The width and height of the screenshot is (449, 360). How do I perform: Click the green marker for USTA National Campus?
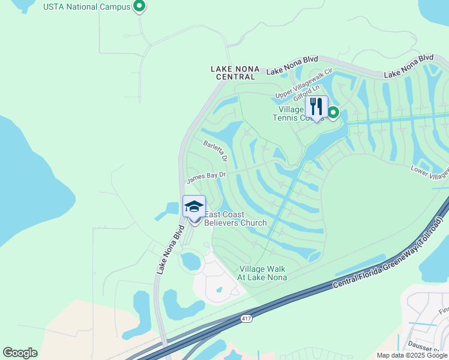pyautogui.click(x=139, y=7)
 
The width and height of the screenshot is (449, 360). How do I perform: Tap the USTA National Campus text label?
pyautogui.click(x=87, y=7)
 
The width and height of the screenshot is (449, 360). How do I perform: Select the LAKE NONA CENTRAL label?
pyautogui.click(x=235, y=73)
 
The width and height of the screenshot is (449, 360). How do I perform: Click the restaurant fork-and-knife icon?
pyautogui.click(x=316, y=107)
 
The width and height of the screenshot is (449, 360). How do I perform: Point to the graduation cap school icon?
pyautogui.click(x=194, y=207)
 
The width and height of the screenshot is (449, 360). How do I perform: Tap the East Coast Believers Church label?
pyautogui.click(x=235, y=219)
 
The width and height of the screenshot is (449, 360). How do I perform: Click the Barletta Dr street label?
pyautogui.click(x=215, y=151)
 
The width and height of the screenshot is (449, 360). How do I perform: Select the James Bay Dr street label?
pyautogui.click(x=206, y=176)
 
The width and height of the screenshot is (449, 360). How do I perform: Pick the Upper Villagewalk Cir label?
pyautogui.click(x=304, y=84)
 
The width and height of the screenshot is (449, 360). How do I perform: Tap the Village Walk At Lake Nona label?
pyautogui.click(x=263, y=273)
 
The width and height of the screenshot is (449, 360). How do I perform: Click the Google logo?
pyautogui.click(x=20, y=353)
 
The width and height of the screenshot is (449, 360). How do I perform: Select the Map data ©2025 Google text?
pyautogui.click(x=412, y=355)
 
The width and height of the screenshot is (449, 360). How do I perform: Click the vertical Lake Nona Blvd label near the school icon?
pyautogui.click(x=170, y=250)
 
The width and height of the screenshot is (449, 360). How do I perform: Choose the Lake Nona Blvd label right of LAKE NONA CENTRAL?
pyautogui.click(x=292, y=66)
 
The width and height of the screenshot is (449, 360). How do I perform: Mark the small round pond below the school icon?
pyautogui.click(x=191, y=261)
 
